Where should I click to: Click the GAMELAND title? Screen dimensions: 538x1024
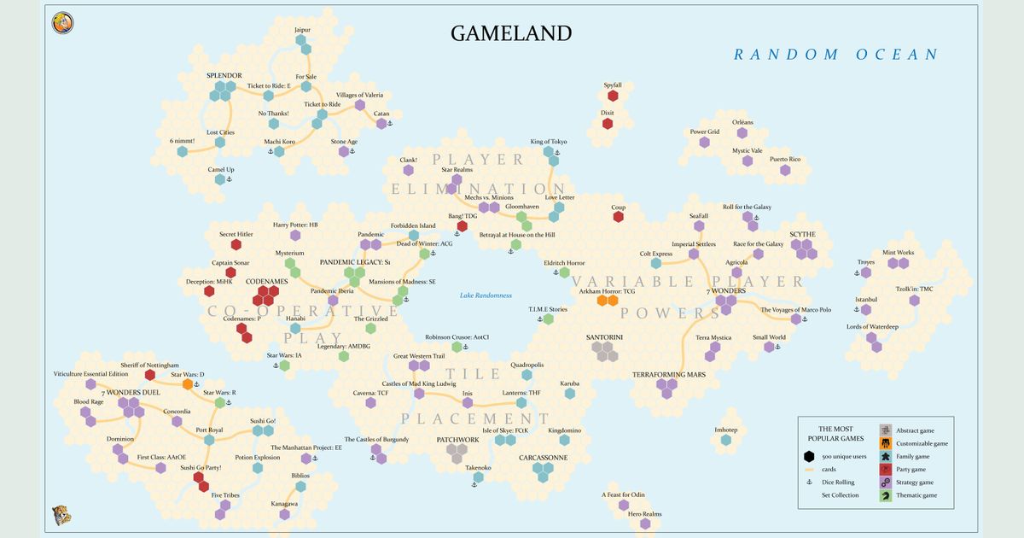pos(511,33)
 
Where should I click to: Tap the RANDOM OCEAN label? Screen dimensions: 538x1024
pos(835,55)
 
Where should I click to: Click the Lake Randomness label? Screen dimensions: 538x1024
pos(486,295)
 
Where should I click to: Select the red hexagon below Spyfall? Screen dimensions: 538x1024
pos(613,96)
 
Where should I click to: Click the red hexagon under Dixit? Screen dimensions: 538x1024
pos(608,124)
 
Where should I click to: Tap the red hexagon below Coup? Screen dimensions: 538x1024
pos(619,217)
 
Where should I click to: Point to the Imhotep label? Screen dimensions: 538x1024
pos(725,430)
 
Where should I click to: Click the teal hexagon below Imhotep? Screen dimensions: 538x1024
pos(725,441)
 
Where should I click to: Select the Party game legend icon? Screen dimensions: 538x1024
pos(886,469)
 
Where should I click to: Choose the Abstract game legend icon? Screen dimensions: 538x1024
pos(886,430)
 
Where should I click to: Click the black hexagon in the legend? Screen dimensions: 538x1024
pos(808,456)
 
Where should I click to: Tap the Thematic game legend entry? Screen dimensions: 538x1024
pos(916,495)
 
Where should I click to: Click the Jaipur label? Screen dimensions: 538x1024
pos(302,30)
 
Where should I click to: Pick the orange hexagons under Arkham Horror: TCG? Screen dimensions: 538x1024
pos(607,301)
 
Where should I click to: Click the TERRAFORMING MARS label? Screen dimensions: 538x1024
pos(668,375)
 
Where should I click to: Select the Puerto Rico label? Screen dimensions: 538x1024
pos(785,160)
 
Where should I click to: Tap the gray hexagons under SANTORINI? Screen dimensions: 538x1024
pos(606,349)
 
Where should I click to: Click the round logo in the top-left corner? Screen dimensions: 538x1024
pos(62,23)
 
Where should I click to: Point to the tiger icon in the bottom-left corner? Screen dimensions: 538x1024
pos(61,515)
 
